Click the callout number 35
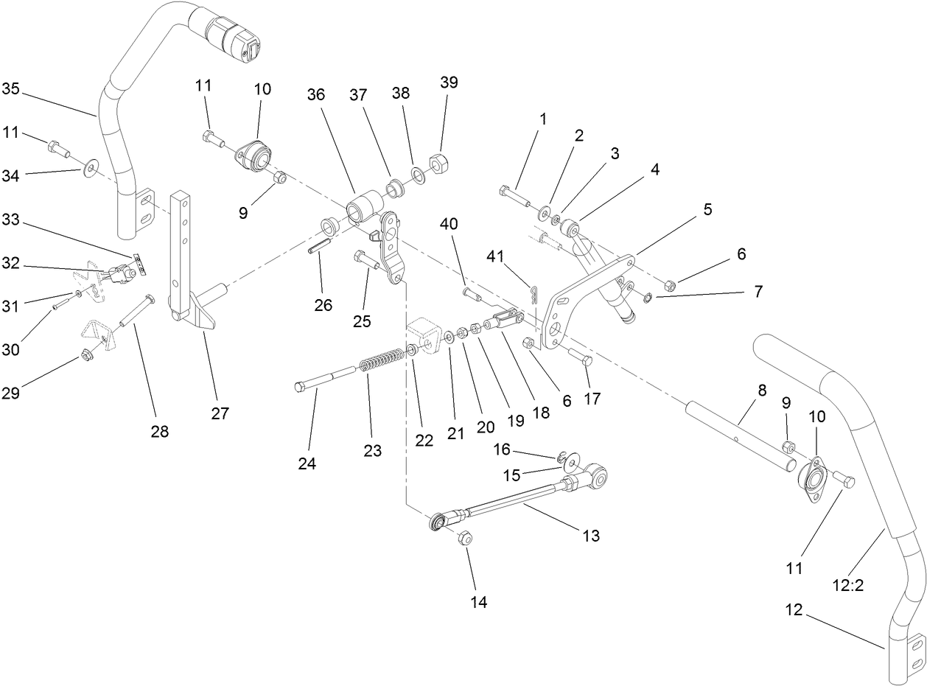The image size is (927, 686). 10,89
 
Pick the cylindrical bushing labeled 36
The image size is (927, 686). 365,206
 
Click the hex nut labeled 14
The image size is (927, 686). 465,538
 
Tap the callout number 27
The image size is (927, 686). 220,413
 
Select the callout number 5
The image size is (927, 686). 707,209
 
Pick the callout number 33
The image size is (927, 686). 10,219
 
